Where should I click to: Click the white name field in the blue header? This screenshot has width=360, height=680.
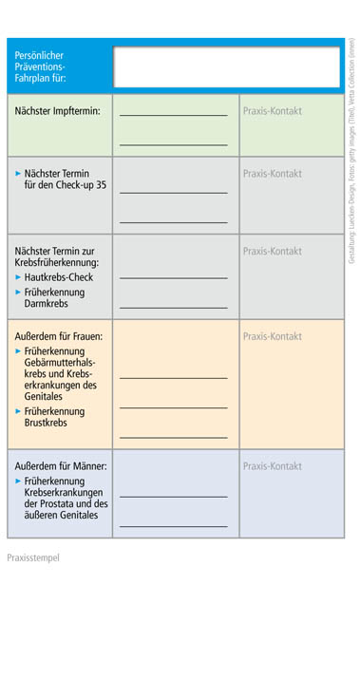point(226,66)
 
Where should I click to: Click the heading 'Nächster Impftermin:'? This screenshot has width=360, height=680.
point(58,111)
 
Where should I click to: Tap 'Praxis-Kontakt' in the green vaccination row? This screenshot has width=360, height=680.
point(273,111)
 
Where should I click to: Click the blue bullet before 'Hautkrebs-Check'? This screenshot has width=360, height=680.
point(18,276)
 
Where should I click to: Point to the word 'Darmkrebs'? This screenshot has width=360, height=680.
point(48,304)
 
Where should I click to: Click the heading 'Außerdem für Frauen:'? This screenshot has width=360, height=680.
point(59,336)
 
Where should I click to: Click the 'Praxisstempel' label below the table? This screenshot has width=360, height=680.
point(33,557)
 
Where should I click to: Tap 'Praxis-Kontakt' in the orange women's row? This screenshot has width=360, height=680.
point(273,336)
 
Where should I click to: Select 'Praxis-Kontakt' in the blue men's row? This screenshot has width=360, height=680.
point(273,466)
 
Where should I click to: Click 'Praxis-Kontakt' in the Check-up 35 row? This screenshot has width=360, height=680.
point(273,174)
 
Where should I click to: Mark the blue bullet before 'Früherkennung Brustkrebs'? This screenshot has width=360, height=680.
point(18,411)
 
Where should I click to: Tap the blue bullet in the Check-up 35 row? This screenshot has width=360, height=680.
point(18,174)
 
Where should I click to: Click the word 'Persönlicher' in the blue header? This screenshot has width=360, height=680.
point(42,55)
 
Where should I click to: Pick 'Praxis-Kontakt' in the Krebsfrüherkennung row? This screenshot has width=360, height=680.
point(273,252)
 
